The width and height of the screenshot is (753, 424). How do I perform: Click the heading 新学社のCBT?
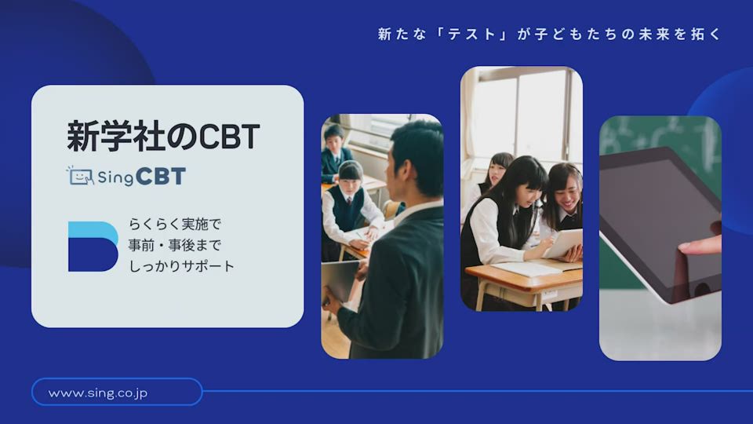163,137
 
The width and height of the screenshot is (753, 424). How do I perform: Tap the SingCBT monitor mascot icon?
80,176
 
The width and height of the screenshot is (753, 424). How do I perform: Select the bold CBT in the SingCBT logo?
160,177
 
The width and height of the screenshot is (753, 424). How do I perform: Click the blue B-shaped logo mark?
93,247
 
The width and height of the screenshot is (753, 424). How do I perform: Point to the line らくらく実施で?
174,224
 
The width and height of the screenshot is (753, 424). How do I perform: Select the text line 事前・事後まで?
174,245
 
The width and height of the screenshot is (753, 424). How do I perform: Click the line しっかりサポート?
181,266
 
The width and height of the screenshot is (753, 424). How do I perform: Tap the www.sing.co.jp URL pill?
117,393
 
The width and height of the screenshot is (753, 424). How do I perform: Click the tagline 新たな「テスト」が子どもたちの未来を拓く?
549,34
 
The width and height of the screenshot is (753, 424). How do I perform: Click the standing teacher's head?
414,156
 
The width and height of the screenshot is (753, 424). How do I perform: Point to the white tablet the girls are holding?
563,243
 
